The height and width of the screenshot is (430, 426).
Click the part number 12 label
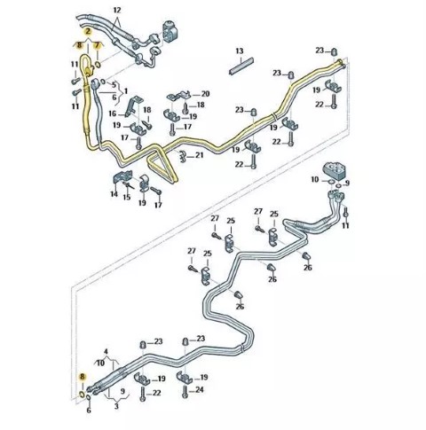(117, 11)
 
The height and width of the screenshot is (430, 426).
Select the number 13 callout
(240, 51)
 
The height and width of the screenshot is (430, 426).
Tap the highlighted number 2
(88, 31)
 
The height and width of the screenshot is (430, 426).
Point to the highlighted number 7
(97, 45)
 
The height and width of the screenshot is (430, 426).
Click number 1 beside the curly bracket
(125, 91)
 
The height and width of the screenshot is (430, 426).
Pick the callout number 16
(113, 113)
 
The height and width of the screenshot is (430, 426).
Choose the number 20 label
(205, 94)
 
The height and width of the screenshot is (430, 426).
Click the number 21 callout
(200, 155)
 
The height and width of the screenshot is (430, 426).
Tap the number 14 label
(114, 194)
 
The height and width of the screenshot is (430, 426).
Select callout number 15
(127, 197)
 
